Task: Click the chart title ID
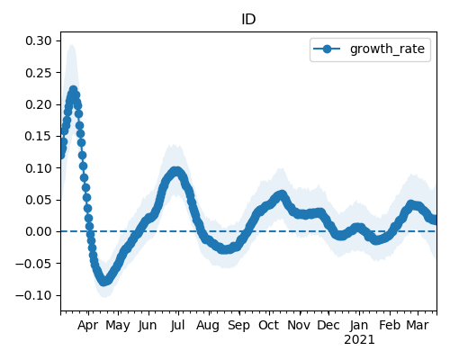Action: [x=248, y=20]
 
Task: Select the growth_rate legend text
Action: [x=387, y=49]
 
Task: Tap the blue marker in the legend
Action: [x=327, y=49]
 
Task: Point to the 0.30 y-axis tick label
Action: [x=39, y=40]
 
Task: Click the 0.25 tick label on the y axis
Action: [x=39, y=73]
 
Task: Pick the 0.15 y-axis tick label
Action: [x=39, y=136]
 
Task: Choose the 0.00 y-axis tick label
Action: [x=39, y=231]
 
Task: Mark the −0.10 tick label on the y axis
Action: [x=34, y=295]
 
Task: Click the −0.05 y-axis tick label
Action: [x=34, y=264]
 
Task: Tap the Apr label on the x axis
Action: [x=87, y=326]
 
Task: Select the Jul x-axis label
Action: [x=177, y=326]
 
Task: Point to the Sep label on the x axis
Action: [x=238, y=326]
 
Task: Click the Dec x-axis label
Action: [x=328, y=326]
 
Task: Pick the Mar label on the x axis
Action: [x=418, y=326]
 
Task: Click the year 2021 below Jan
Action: [x=359, y=340]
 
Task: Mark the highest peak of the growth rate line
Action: [x=73, y=90]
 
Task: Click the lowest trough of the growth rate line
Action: [x=103, y=282]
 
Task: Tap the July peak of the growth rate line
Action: [x=177, y=171]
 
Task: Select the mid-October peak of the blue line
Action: [x=282, y=194]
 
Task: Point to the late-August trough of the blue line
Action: [x=226, y=249]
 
